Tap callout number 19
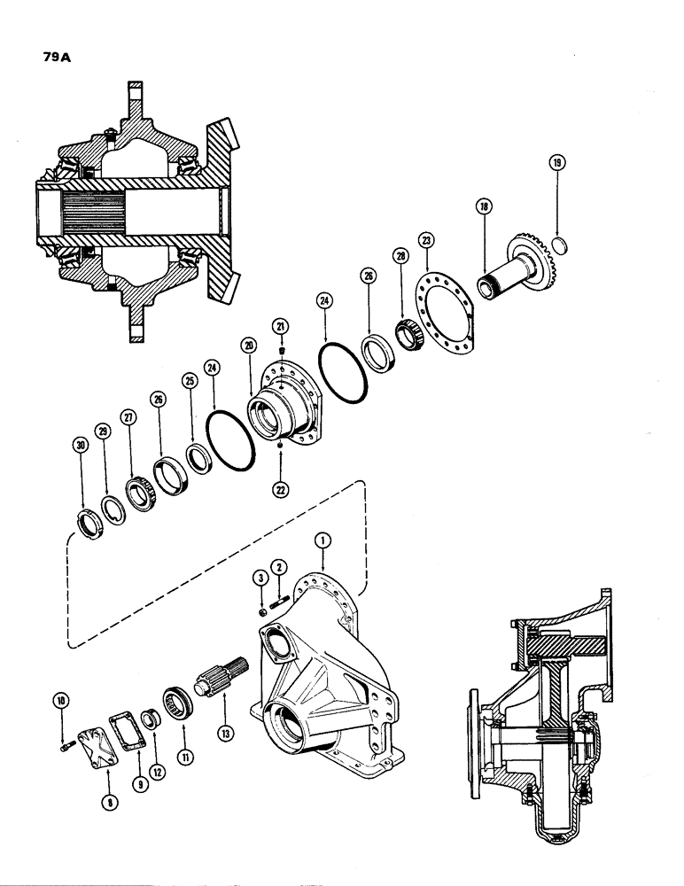556,163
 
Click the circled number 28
400,256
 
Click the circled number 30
82,447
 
